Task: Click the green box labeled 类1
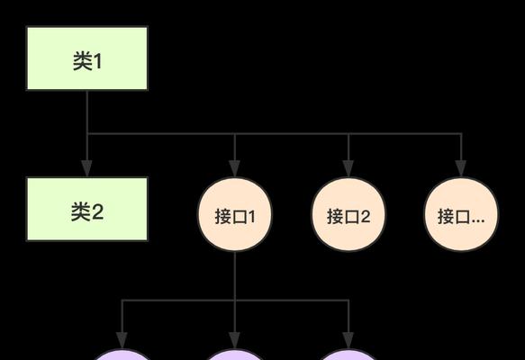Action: tap(87, 58)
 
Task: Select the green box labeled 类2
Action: tap(87, 209)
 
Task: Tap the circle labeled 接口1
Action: tap(235, 214)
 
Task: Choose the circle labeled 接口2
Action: tap(348, 214)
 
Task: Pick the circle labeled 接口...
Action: tap(461, 214)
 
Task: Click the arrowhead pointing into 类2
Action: tap(87, 168)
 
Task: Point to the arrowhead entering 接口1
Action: tap(235, 168)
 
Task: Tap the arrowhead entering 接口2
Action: tap(348, 168)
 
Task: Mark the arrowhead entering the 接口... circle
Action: tap(461, 168)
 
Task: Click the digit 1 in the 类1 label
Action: tap(97, 61)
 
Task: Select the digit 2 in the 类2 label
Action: tap(97, 212)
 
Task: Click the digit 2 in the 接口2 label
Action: tap(365, 217)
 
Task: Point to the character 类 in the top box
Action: tap(82, 61)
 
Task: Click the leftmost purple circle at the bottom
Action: tap(122, 355)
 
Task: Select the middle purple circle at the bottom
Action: tap(235, 355)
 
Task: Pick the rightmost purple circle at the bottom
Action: tap(348, 355)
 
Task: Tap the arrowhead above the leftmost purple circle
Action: tap(122, 340)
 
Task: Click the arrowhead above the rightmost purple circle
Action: tap(348, 340)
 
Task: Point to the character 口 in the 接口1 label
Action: tap(239, 217)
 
